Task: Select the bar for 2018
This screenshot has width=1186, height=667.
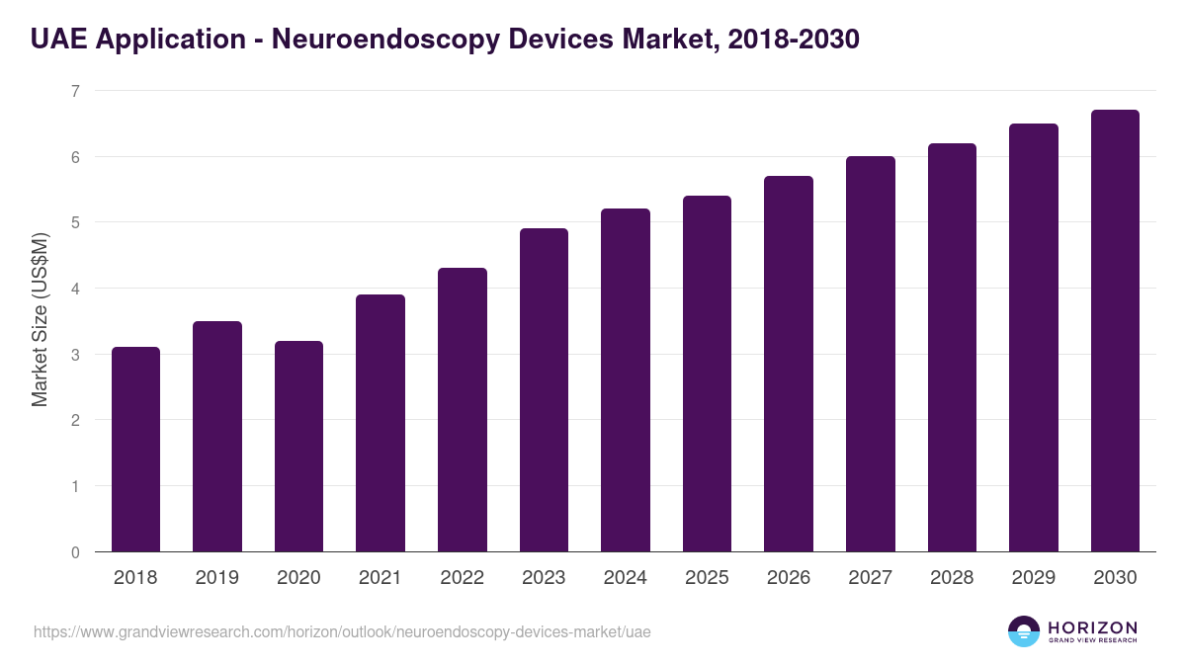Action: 135,450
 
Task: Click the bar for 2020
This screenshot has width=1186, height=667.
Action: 298,447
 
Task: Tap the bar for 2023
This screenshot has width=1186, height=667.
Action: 544,390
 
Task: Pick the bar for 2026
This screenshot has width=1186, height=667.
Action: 789,364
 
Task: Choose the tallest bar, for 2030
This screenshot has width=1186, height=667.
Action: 1115,331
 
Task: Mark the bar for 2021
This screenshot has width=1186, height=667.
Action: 381,423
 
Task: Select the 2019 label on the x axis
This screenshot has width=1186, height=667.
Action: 216,578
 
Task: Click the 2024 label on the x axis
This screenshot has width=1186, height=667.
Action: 625,578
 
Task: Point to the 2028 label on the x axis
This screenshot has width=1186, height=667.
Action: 952,578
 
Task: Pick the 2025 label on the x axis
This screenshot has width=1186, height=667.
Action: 707,578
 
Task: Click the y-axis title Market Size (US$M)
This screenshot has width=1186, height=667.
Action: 40,320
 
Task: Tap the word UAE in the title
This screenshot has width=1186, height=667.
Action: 57,40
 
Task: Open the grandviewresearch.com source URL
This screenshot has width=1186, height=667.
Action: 342,631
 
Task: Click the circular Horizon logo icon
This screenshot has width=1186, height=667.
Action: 1024,631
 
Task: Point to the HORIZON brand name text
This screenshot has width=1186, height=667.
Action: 1092,627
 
